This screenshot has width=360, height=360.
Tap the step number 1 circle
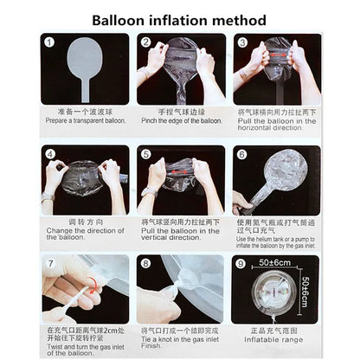50,42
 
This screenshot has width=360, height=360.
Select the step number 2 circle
146,42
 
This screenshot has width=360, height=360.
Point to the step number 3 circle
243,42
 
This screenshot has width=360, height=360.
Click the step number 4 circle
50,155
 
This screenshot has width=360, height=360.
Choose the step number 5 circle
146,155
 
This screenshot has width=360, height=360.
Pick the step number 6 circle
243,155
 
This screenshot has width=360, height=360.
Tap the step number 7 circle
50,263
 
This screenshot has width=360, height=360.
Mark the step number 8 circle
146,263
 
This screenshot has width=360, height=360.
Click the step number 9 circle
243,263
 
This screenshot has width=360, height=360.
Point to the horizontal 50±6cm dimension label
274,261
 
